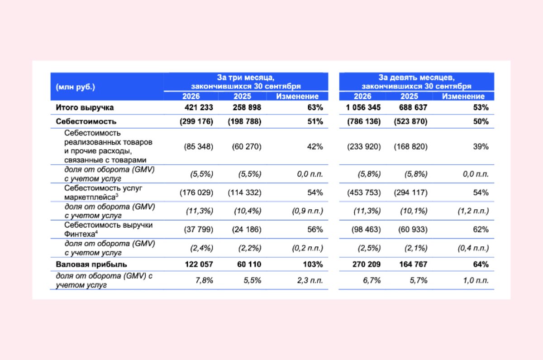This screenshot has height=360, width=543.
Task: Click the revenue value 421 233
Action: click(199, 107)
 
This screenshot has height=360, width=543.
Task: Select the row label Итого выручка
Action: click(85, 107)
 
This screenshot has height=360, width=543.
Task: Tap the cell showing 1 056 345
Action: click(363, 107)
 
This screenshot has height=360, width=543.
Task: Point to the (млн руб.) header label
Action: click(76, 87)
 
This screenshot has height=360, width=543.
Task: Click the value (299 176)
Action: click(196, 121)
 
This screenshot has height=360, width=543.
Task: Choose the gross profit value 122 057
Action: click(199, 264)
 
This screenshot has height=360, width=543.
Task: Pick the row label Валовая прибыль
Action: click(91, 264)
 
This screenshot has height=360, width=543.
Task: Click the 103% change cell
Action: click(313, 264)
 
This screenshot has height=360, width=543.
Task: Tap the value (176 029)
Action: click(196, 192)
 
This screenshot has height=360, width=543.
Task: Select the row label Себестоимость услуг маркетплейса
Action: click(103, 192)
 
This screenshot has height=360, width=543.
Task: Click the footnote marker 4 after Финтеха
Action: click(96, 232)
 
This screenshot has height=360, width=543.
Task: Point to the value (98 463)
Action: click(366, 230)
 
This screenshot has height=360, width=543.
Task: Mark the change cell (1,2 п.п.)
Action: click(473, 211)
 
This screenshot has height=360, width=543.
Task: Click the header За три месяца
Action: click(246, 77)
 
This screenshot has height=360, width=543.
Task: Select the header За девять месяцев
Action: click(416, 77)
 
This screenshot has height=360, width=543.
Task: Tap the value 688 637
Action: click(413, 107)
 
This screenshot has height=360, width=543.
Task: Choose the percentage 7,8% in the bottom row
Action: click(204, 280)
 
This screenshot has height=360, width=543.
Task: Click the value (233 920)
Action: click(364, 147)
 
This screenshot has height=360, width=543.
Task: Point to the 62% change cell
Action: click(481, 230)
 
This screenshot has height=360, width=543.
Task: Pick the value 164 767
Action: click(413, 264)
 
